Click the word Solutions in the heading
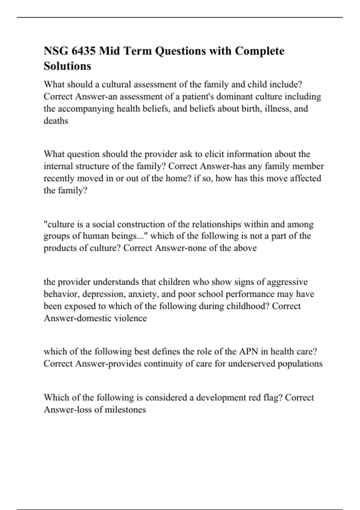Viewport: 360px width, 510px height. coord(67,66)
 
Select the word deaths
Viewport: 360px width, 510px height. coord(56,121)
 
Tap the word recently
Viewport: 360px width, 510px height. coord(59,178)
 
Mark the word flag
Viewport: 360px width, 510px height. coord(274,397)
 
